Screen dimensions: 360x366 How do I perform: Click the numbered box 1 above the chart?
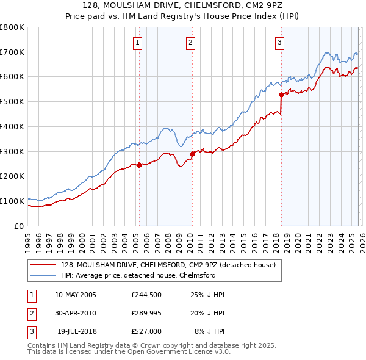[x=137, y=43]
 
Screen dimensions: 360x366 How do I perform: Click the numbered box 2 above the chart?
[x=190, y=43]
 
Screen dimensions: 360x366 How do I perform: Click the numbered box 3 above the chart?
[x=279, y=43]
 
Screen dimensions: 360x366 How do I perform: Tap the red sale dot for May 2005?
[x=139, y=164]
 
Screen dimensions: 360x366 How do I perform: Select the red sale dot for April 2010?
[x=192, y=153]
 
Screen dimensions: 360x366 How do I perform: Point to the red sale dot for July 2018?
[x=281, y=95]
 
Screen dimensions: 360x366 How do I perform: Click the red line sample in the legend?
[x=43, y=265]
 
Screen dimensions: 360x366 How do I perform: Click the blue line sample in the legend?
[x=43, y=275]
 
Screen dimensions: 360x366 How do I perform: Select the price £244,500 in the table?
[x=146, y=295]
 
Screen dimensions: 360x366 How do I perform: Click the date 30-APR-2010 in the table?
[x=76, y=313]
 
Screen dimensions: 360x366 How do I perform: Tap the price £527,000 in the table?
[x=146, y=331]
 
